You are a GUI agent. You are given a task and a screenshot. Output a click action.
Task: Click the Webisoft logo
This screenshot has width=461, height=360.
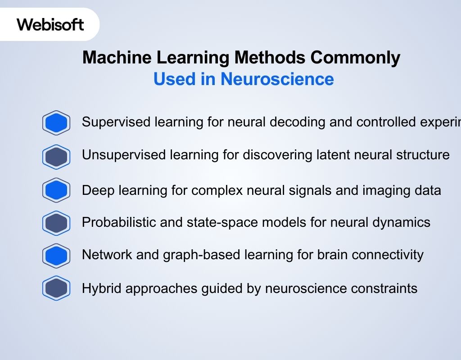click(50, 24)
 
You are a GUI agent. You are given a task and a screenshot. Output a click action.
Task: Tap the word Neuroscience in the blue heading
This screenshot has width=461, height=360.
click(277, 79)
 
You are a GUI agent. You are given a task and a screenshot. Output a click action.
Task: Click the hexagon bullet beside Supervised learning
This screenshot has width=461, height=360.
click(56, 123)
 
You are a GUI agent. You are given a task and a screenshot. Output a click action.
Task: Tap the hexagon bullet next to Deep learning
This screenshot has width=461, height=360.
click(56, 190)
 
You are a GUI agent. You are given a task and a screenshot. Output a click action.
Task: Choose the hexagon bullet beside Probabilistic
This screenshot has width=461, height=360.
click(56, 223)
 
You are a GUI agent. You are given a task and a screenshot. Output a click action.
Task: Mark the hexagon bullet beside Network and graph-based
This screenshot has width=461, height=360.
click(56, 256)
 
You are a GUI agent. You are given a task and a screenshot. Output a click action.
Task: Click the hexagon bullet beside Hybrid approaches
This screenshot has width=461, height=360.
click(56, 288)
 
